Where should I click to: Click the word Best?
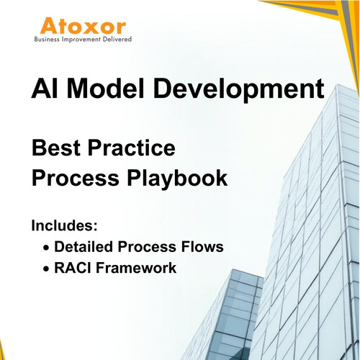[x=58, y=149]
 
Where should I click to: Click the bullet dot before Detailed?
[x=47, y=248]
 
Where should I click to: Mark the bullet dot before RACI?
[x=47, y=270]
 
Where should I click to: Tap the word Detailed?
[x=86, y=246]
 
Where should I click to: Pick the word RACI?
[x=75, y=269]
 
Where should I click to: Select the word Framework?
[x=138, y=269]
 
